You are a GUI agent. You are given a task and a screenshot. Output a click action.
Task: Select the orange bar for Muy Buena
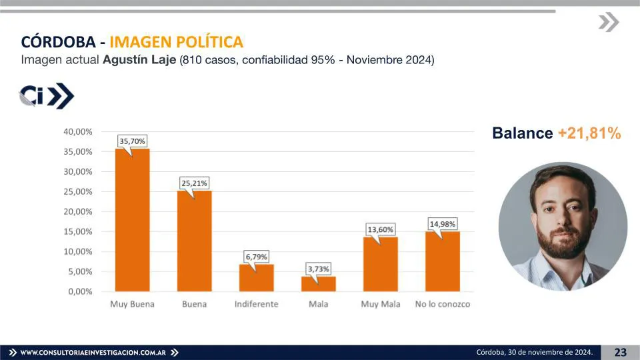click(132, 220)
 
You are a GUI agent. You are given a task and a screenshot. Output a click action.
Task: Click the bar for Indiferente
click(256, 278)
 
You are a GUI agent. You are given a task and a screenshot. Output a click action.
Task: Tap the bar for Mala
click(318, 284)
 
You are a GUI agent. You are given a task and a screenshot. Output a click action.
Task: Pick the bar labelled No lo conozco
click(442, 261)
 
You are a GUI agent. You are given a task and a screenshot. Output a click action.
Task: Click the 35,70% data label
click(132, 141)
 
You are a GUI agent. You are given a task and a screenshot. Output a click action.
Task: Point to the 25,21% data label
click(194, 183)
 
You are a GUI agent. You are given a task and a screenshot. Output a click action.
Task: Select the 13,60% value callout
click(380, 229)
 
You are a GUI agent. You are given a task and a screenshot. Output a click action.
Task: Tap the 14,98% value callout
click(442, 224)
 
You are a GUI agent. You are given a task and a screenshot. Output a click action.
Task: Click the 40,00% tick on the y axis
click(79, 132)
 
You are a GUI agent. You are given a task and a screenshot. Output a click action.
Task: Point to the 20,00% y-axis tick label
click(79, 212)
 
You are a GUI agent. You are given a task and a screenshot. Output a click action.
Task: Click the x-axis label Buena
click(194, 304)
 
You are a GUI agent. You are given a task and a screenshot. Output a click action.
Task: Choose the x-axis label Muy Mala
click(380, 304)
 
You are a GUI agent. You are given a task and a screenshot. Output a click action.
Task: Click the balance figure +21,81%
click(589, 133)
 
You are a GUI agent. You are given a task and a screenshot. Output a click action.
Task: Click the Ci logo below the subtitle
click(46, 95)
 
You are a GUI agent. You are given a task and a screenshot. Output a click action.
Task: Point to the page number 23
click(620, 352)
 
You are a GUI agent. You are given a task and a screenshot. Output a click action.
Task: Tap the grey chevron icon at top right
click(608, 23)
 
